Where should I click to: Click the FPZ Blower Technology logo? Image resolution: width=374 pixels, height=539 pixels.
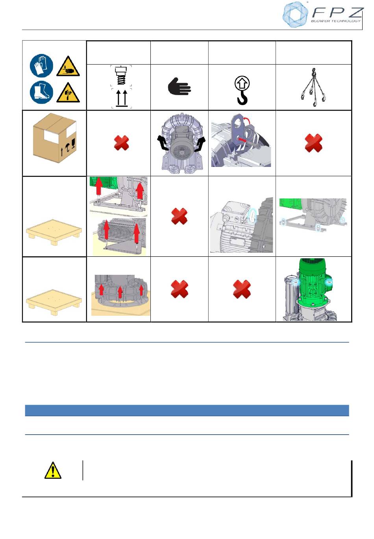322,15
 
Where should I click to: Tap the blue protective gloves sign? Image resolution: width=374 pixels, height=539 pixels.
41,66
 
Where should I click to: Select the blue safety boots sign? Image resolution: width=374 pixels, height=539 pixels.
41,92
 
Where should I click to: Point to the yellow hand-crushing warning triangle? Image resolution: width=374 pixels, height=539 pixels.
68,67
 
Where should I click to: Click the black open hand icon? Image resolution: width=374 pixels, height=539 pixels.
179,86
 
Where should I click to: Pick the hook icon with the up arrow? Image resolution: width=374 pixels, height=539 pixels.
242,90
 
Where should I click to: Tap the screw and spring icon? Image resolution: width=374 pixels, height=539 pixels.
121,75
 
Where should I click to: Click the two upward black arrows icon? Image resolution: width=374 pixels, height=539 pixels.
121,98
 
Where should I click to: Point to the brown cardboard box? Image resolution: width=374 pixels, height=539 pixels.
55,138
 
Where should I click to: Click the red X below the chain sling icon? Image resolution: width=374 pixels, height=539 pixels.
314,143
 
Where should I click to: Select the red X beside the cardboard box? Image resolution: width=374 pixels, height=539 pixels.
121,143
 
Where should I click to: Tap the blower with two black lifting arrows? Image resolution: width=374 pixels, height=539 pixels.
181,143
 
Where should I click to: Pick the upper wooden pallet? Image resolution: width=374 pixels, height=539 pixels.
54,232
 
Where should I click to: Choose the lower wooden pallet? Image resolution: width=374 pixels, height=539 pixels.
54,302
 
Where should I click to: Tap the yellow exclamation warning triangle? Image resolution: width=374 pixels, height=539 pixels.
53,470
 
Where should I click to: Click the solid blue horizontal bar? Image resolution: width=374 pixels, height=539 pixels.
187,410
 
